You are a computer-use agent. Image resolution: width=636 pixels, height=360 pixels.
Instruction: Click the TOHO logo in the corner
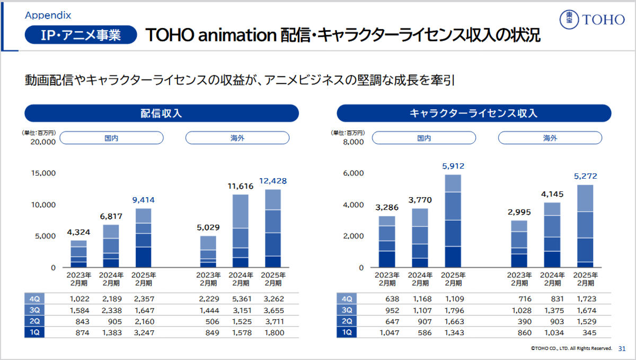point(592,20)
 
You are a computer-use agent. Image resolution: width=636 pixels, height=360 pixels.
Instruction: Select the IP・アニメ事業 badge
point(81,35)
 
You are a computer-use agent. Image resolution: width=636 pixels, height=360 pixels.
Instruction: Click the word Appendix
point(48,15)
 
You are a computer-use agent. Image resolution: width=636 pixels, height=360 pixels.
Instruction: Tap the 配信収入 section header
point(162,113)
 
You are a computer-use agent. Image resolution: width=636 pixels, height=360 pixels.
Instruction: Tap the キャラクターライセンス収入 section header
point(474,113)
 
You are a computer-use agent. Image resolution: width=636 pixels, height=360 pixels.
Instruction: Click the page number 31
point(622,348)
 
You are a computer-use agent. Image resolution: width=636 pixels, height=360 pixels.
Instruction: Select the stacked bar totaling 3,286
point(387,241)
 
